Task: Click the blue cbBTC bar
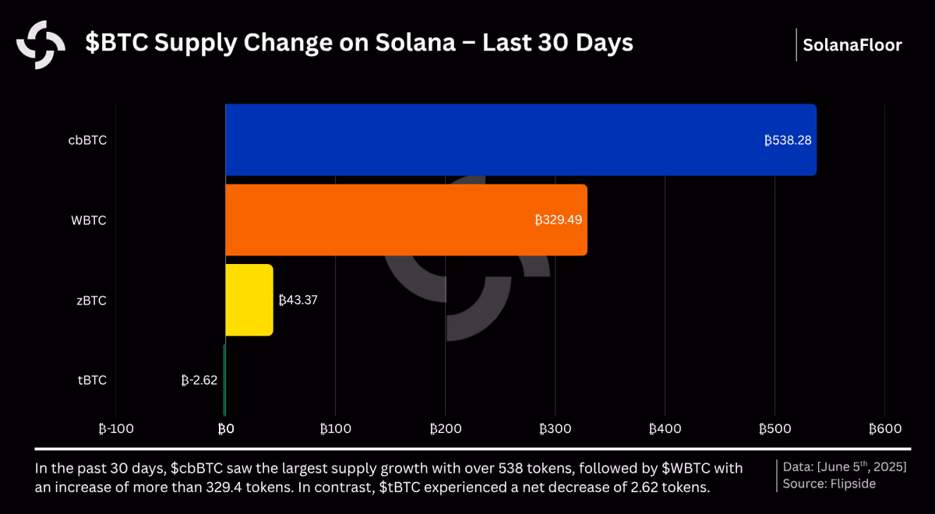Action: (521, 139)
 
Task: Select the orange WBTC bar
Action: (406, 220)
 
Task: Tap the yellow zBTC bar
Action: (249, 300)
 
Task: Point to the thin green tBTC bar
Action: (224, 380)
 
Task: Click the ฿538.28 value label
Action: (788, 140)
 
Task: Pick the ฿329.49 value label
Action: (559, 220)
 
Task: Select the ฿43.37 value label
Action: (298, 300)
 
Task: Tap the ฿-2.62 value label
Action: (199, 380)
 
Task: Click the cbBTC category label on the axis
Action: (87, 140)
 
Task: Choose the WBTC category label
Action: (89, 220)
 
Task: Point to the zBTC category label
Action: (91, 301)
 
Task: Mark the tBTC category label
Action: (92, 380)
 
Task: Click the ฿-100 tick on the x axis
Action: (116, 429)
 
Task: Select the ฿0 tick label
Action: (226, 429)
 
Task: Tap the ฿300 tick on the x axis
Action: (555, 429)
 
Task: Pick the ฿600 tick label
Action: (885, 429)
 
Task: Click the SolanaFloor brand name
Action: (852, 45)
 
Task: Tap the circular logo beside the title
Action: (41, 44)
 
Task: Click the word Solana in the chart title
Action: (415, 43)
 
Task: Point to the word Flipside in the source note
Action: (852, 484)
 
